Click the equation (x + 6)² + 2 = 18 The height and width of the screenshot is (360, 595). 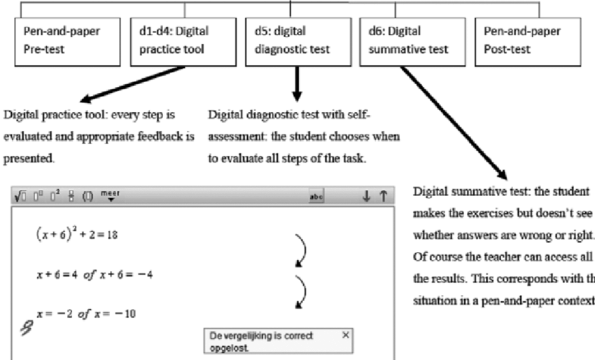(76, 235)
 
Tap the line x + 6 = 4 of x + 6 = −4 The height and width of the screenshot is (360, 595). (94, 274)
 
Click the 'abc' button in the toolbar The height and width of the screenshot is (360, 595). (317, 198)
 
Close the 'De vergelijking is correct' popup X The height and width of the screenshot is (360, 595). (345, 335)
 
